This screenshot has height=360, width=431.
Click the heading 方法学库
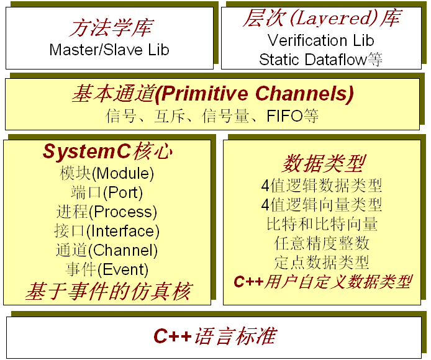tap(111, 28)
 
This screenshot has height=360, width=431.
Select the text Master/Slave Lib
tap(109, 50)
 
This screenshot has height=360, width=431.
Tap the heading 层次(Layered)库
tap(322, 18)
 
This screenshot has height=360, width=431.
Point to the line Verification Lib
tap(321, 40)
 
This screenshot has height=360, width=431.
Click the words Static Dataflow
tap(313, 60)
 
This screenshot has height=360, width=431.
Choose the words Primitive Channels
tap(255, 94)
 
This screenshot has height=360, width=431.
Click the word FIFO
tap(284, 115)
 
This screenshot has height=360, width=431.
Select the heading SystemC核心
tap(108, 151)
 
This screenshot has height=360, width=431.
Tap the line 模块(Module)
tap(107, 174)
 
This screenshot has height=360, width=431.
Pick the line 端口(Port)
tap(107, 192)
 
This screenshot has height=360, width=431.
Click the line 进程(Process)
tap(107, 212)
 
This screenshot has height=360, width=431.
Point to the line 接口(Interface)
tap(107, 231)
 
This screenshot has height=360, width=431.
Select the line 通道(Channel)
tap(107, 250)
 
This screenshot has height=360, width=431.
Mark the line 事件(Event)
tap(107, 269)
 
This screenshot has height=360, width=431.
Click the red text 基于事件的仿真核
tap(108, 292)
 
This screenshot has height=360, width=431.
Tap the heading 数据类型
tap(324, 163)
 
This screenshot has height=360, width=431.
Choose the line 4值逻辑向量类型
tap(322, 205)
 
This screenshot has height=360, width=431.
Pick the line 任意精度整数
tap(322, 243)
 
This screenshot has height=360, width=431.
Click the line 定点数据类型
tap(322, 263)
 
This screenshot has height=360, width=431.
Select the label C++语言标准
tap(215, 336)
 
